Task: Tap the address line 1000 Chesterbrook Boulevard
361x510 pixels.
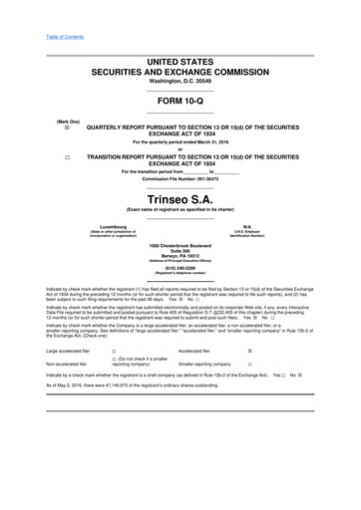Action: pyautogui.click(x=180, y=245)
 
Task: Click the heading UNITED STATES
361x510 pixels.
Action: pyautogui.click(x=180, y=62)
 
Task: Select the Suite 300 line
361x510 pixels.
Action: pyautogui.click(x=180, y=250)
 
